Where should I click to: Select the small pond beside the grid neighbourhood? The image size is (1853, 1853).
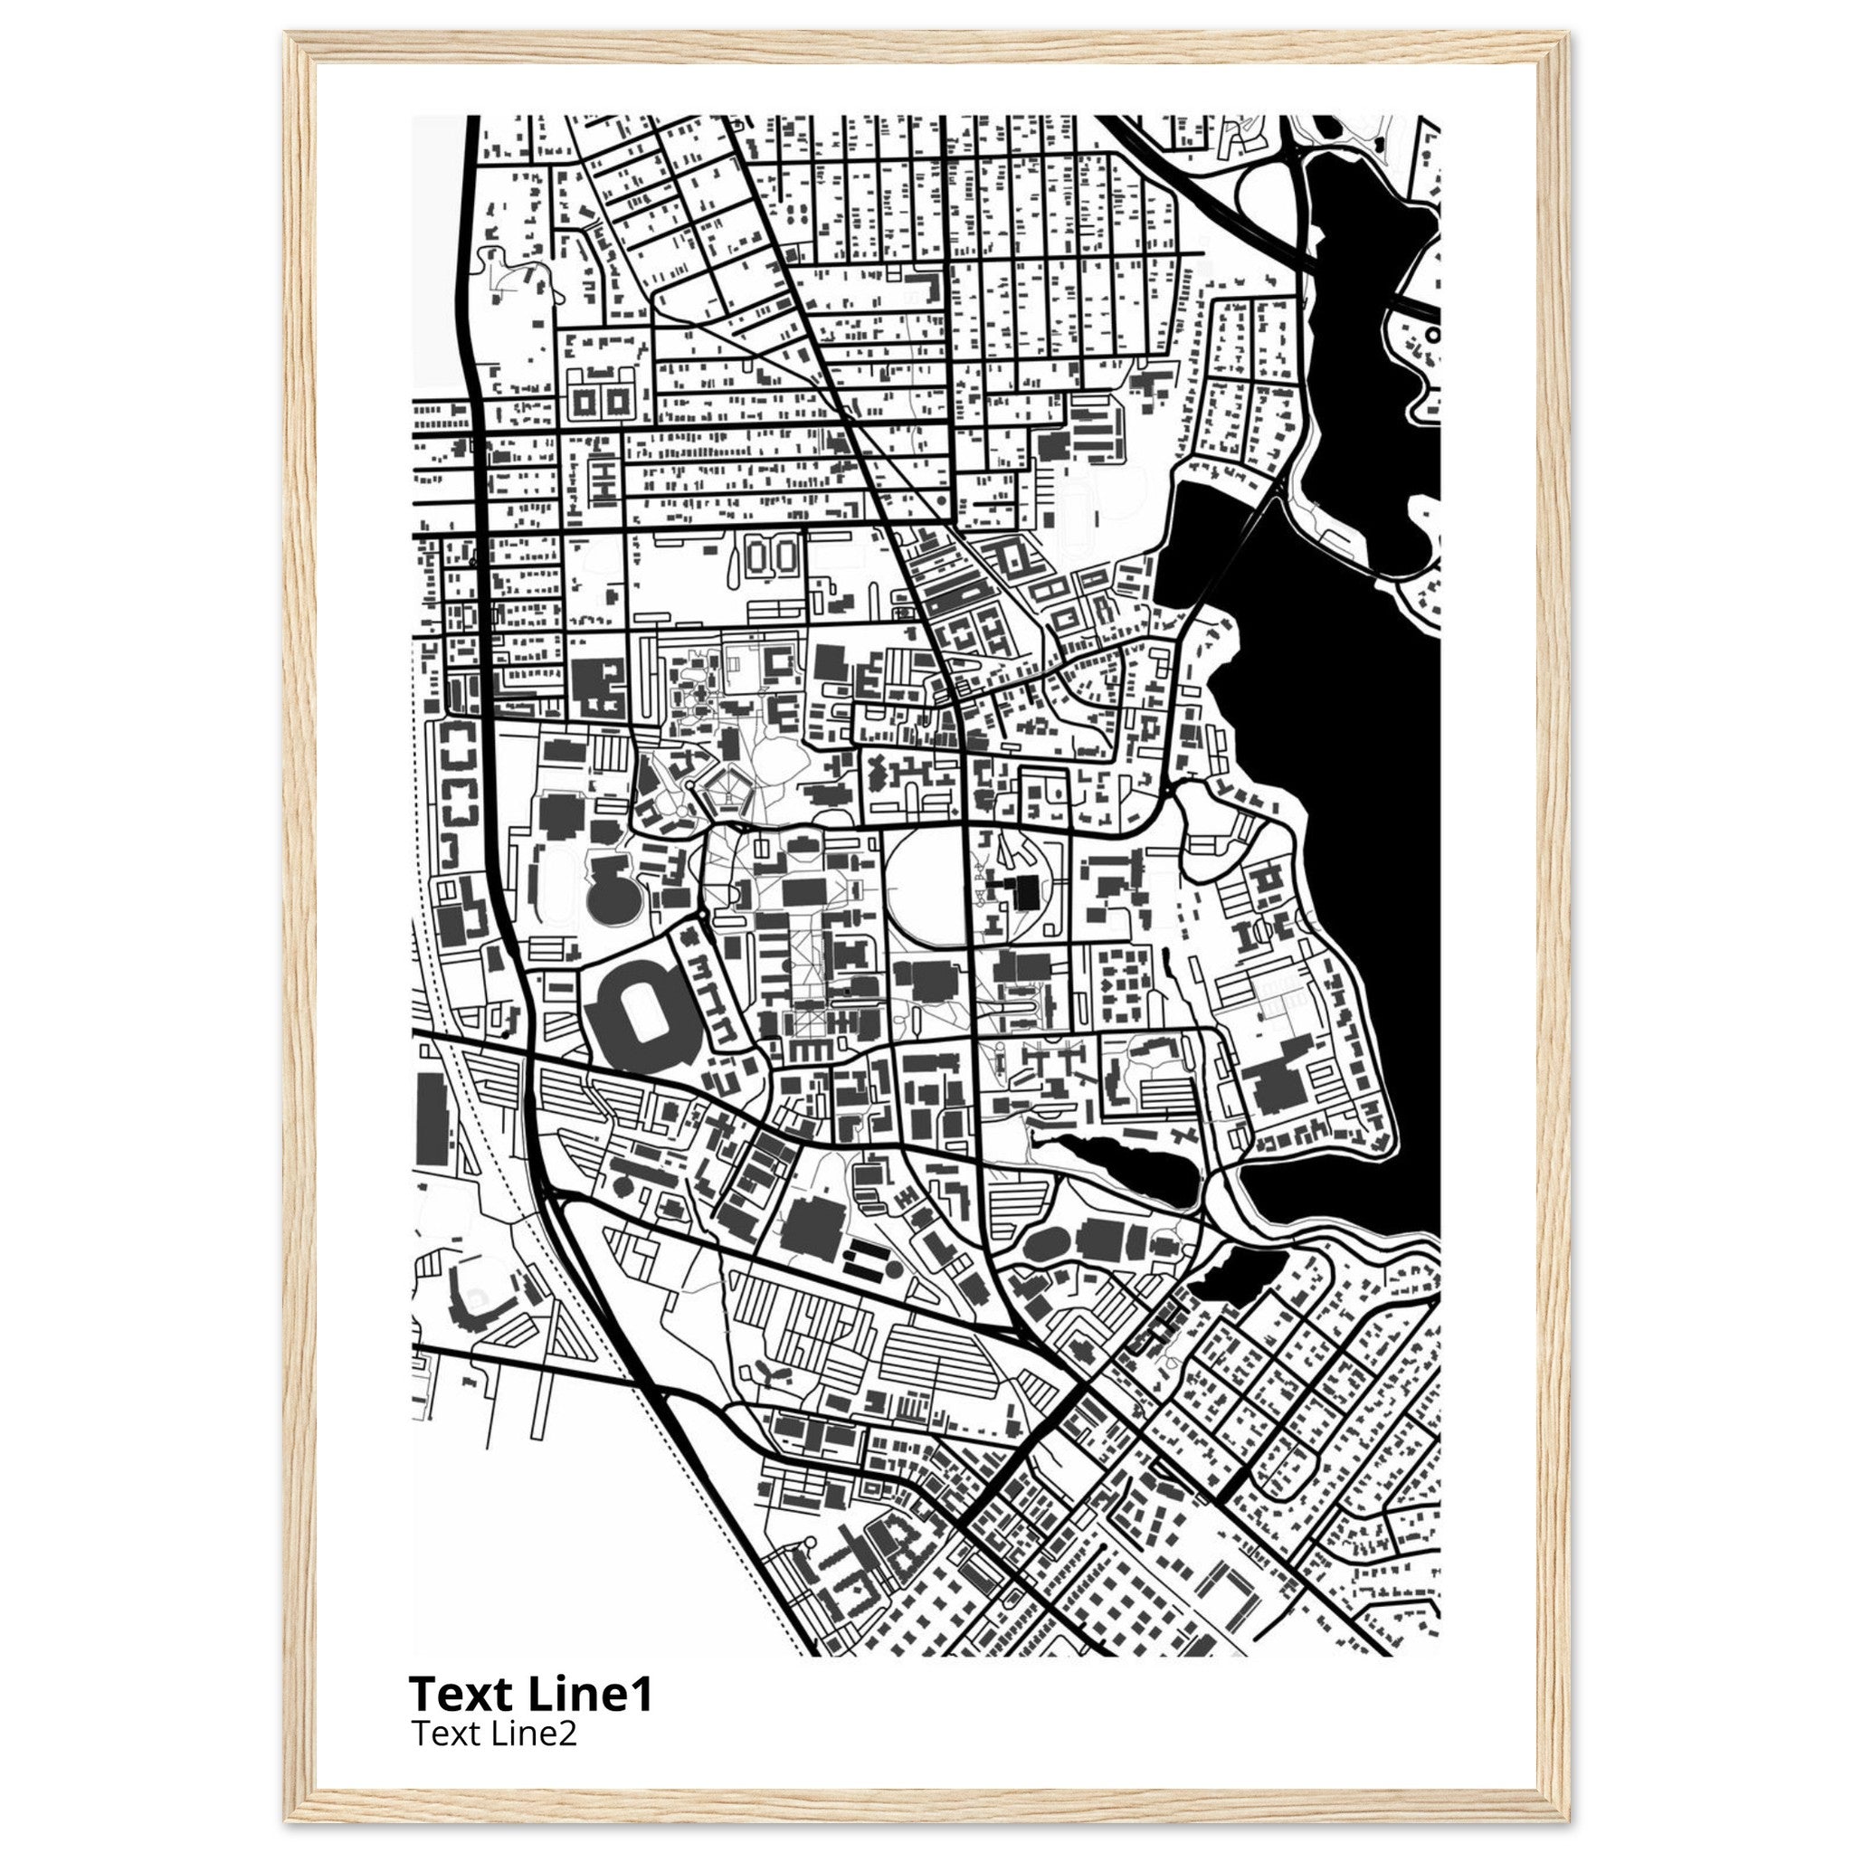(1231, 1277)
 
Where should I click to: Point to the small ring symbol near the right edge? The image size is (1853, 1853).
(1433, 335)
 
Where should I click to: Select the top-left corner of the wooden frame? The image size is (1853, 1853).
(299, 46)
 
